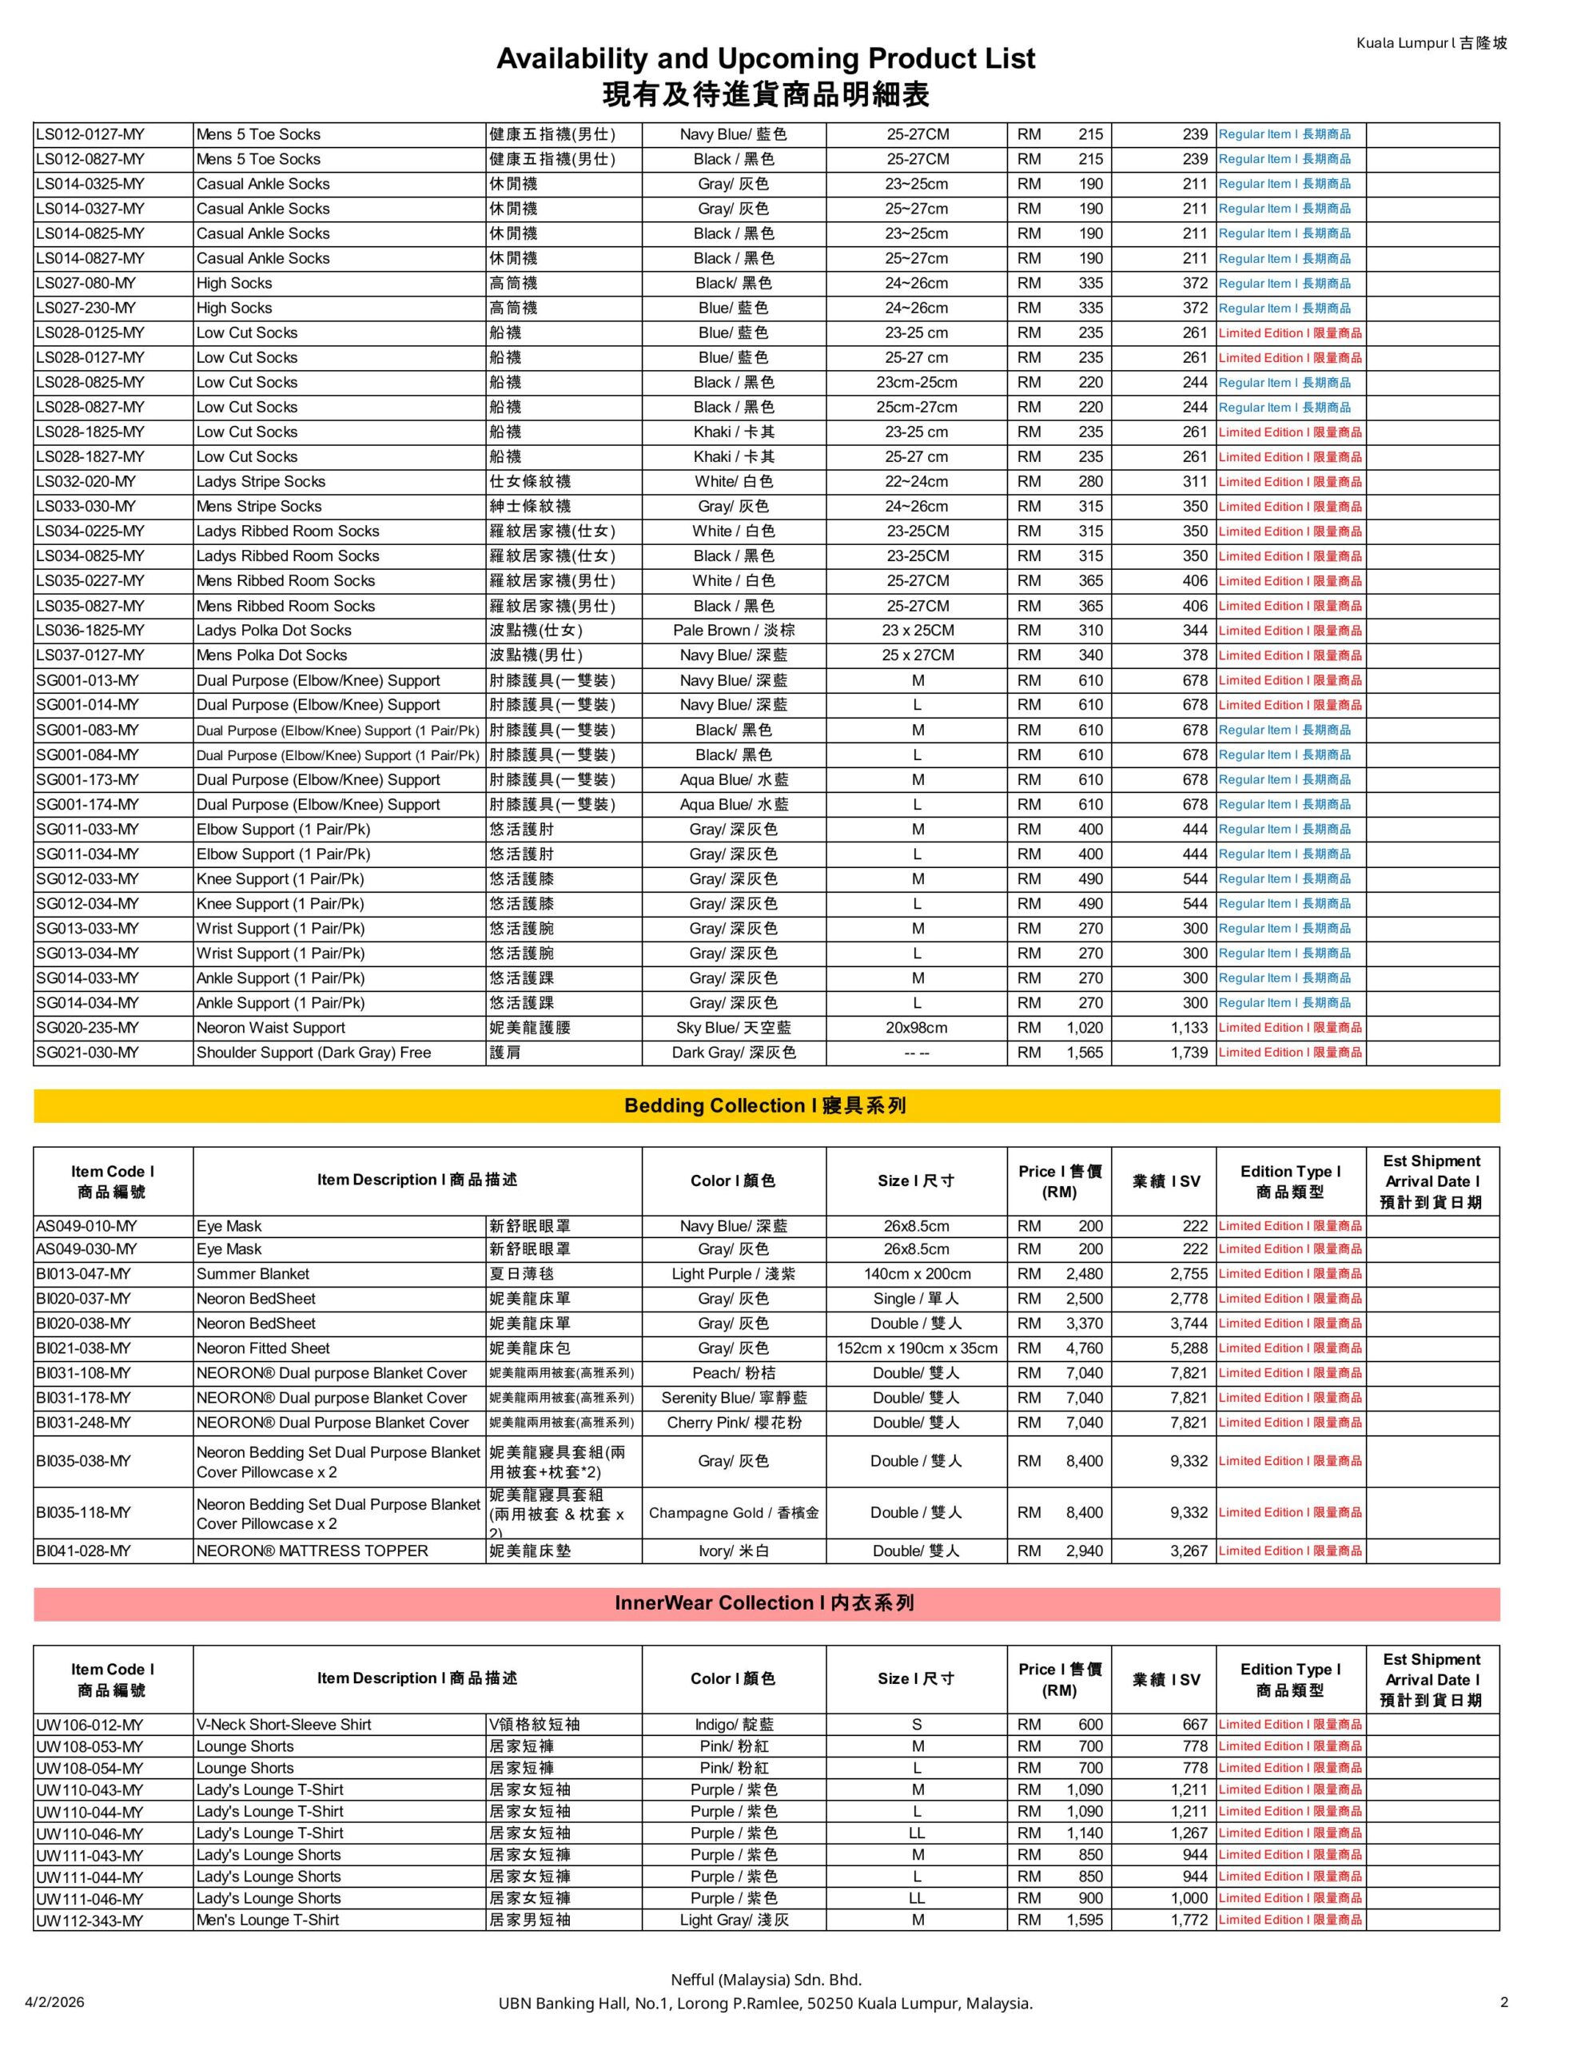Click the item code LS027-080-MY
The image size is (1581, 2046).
point(86,283)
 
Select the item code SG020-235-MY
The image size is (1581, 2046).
point(87,1028)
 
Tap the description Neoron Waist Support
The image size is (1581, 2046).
point(271,1028)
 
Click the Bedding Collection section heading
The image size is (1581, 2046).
point(765,1105)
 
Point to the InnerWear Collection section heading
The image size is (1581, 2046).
point(765,1603)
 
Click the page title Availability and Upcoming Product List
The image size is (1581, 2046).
point(765,59)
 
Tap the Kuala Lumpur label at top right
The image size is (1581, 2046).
point(1431,43)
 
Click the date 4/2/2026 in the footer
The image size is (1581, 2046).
point(54,2002)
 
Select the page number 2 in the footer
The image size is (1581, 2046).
point(1503,2002)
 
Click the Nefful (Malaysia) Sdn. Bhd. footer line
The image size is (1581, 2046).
point(765,1980)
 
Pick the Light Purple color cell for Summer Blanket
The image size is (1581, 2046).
point(733,1274)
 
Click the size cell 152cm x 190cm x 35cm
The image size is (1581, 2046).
point(917,1348)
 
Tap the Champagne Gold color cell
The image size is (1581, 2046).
point(734,1513)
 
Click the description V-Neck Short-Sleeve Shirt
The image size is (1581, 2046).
point(284,1725)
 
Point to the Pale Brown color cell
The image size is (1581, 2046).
point(733,631)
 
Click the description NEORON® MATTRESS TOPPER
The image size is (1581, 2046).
point(312,1551)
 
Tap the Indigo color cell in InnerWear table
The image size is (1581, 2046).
point(733,1725)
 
